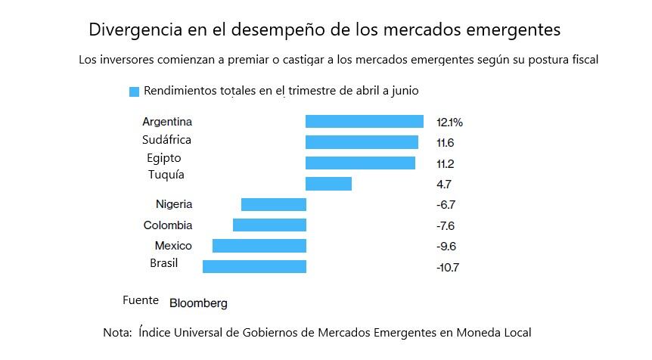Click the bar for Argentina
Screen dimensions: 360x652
tap(364, 121)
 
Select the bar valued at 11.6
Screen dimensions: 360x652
tap(362, 141)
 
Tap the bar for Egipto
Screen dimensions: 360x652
tap(360, 163)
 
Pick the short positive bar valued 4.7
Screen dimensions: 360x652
tap(328, 184)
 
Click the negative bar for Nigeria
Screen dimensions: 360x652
tap(273, 204)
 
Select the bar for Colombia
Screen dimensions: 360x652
tap(269, 225)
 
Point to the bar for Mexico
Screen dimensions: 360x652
tap(259, 246)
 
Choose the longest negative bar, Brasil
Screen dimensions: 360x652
tap(254, 266)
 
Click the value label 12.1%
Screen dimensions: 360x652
tap(449, 122)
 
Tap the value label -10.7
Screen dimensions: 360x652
tap(448, 267)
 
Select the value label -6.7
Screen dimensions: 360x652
tap(446, 205)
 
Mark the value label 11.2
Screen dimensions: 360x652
tap(445, 163)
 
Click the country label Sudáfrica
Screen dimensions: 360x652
tap(166, 140)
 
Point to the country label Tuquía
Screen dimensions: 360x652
tap(166, 175)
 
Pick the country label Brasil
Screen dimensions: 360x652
tap(164, 262)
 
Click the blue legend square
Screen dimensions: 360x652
tap(134, 92)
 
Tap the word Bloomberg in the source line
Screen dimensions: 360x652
tap(198, 303)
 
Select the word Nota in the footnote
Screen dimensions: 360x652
tap(116, 332)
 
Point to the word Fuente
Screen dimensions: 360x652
tap(141, 300)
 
